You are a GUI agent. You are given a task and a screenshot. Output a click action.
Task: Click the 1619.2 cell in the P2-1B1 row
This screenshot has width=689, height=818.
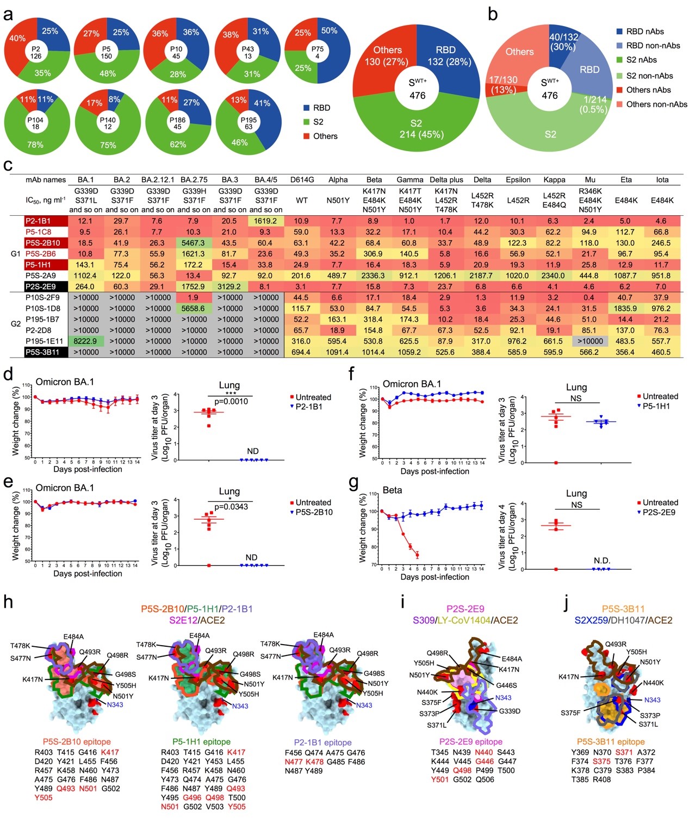tap(265, 221)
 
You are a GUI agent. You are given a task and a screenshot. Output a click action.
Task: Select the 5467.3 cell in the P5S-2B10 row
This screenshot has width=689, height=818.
tap(194, 243)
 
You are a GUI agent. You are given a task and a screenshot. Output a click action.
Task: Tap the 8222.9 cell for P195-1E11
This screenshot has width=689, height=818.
tap(85, 341)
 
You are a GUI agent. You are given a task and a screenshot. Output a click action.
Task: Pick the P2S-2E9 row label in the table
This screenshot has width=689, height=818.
tap(46, 287)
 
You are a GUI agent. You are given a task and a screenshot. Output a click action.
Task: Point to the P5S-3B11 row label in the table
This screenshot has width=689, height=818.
tap(46, 352)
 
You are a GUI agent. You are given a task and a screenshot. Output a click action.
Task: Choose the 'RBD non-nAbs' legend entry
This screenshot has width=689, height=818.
tap(653, 46)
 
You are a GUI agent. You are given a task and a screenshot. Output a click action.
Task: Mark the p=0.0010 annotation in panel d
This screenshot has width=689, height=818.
tap(231, 402)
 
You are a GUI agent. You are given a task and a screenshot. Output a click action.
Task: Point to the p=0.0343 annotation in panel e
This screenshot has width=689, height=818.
tap(231, 507)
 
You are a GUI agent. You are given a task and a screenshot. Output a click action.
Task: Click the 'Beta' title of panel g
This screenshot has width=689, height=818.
tap(392, 490)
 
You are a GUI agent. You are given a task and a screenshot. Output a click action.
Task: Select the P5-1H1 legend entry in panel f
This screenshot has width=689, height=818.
tap(656, 406)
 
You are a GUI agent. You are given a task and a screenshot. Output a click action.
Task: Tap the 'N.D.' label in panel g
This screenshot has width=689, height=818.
tap(601, 560)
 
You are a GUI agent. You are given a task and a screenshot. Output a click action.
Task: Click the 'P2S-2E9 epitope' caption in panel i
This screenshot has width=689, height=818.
tap(470, 741)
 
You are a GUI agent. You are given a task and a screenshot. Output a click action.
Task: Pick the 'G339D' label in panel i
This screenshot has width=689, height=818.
tap(510, 711)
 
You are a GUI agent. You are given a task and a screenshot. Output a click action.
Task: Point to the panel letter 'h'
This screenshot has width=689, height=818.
tap(8, 602)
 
